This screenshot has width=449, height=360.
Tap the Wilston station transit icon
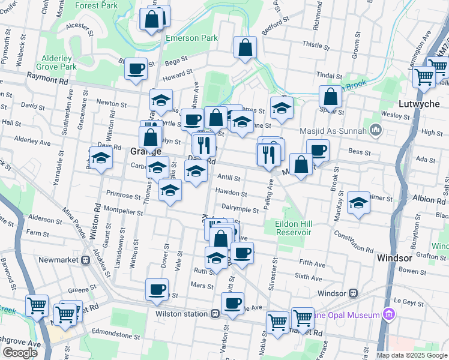pyautogui.click(x=214, y=313)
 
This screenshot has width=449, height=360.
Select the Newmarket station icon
pyautogui.click(x=86, y=260)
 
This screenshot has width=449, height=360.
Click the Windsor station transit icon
pyautogui.click(x=354, y=293)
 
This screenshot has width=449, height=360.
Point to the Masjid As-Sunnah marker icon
pyautogui.click(x=376, y=130)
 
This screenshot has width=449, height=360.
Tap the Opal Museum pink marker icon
pyautogui.click(x=388, y=314)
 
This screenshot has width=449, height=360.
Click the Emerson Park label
pyautogui.click(x=191, y=38)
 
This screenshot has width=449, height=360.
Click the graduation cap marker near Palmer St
pyautogui.click(x=358, y=202)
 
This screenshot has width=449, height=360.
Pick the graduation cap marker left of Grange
pyautogui.click(x=101, y=158)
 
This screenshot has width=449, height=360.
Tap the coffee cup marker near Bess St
pyautogui.click(x=318, y=150)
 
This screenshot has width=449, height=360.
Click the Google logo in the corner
pyautogui.click(x=20, y=353)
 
